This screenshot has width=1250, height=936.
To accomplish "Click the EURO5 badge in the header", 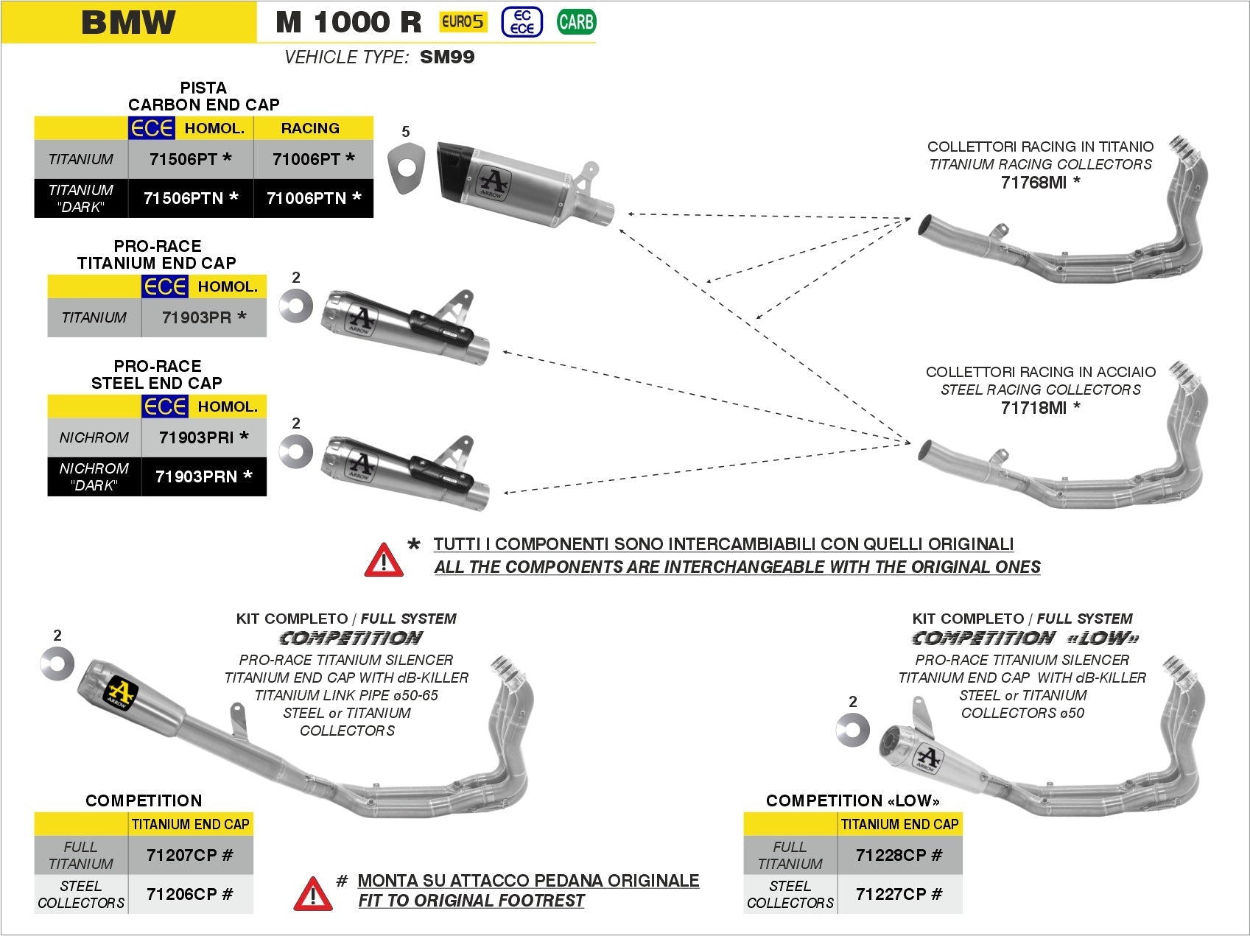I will coord(463,21).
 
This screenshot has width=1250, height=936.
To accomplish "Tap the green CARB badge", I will coord(575,22).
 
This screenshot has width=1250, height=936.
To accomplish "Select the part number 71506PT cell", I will coord(190,158).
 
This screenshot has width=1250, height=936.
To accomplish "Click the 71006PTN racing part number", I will coord(313,198).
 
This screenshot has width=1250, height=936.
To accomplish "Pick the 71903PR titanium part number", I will coord(203,317).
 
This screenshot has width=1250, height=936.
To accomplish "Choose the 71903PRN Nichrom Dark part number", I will coord(203,476).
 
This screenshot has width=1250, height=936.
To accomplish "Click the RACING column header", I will coord(310,128).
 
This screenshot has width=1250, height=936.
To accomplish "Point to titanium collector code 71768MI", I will coord(1039,183).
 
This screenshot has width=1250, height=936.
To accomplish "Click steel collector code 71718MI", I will coord(1039,407).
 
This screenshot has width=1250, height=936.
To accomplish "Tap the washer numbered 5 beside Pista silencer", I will coord(407,169).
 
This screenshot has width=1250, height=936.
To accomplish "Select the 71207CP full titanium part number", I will coord(189,855).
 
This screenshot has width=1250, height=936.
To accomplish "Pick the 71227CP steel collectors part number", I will coord(899,894).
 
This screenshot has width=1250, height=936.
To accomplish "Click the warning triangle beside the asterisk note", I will coord(384,560).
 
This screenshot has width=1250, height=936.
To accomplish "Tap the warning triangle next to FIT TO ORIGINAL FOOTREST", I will coord(312,893).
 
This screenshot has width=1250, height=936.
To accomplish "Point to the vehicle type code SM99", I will coord(447,57).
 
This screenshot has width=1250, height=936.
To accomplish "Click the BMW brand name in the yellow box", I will coord(129,22).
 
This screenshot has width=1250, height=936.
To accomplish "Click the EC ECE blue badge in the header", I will coord(522,22).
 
